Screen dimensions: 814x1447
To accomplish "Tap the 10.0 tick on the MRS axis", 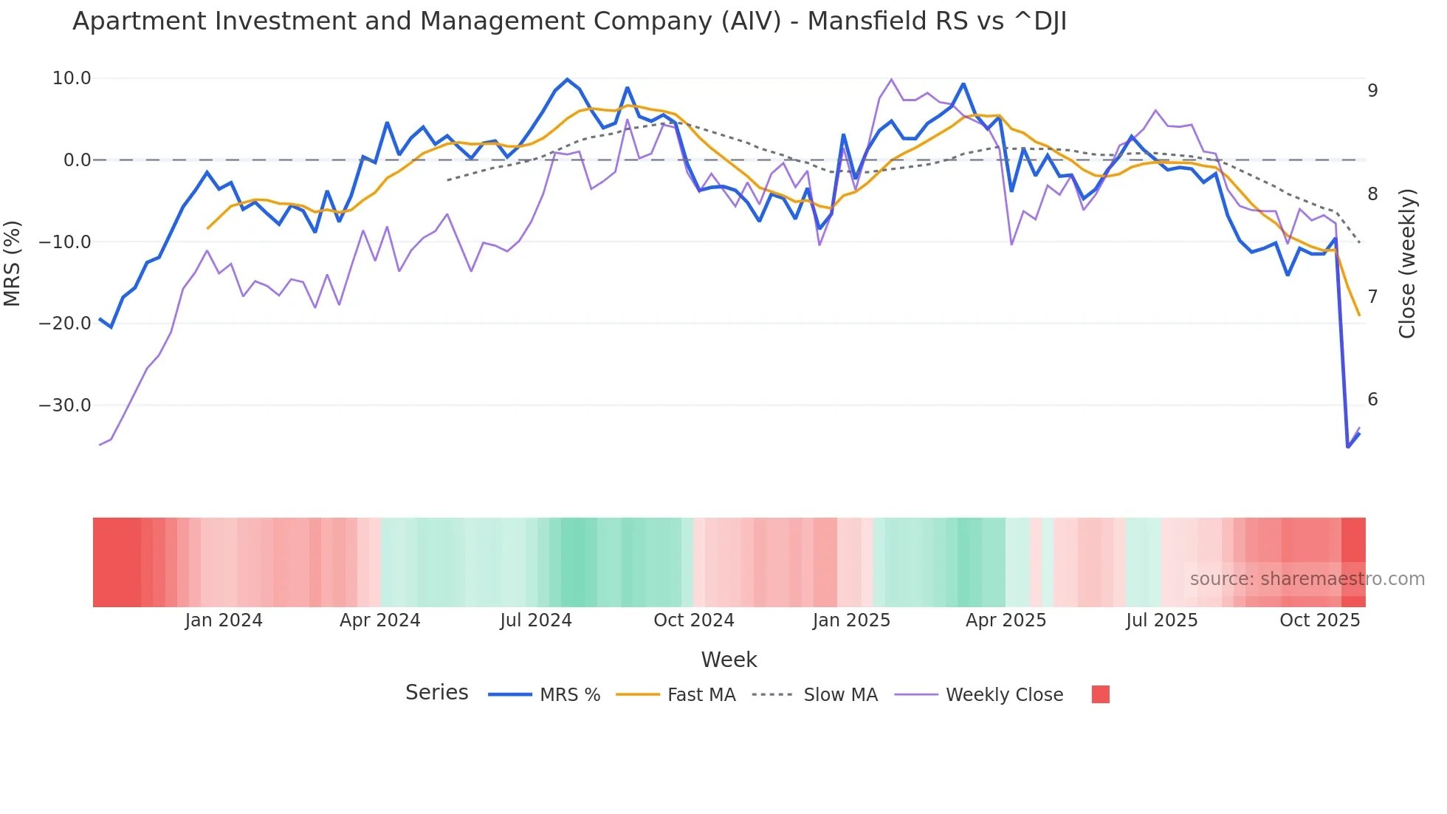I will pos(72,78).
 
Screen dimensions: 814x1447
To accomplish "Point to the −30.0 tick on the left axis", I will pos(65,406).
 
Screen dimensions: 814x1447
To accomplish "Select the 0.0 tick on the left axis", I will pos(78,160).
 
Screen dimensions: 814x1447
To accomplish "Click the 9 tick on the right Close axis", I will pos(1372,91).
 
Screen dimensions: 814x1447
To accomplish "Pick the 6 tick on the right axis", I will pos(1372,400).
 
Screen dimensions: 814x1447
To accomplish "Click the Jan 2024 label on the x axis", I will pos(224,620).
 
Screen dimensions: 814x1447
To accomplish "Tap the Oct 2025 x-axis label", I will pos(1319,620).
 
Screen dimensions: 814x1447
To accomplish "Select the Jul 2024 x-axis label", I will pos(536,620).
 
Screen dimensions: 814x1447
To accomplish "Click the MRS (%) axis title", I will pos(13,264).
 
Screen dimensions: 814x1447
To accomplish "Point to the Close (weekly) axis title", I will pos(1407,264).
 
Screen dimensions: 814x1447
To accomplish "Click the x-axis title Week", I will pos(729,660).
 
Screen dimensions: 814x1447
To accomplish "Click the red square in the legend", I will pos(1100,695).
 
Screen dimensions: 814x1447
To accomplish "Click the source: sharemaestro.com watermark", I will pos(1307,579).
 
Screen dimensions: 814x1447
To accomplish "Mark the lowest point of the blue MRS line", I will pos(1348,447).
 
